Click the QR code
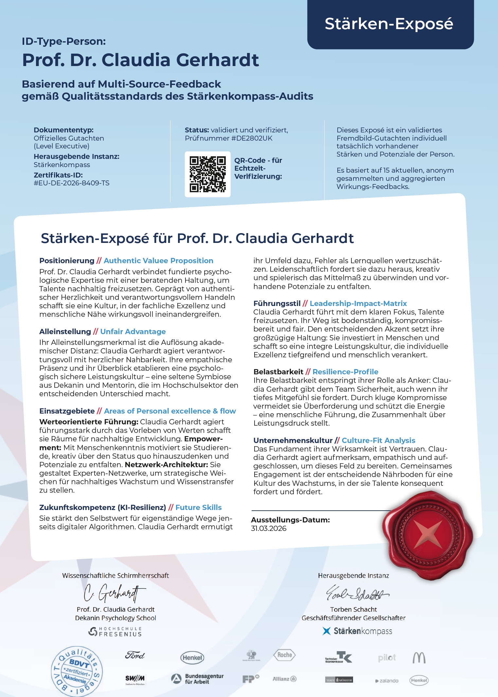pos(207,174)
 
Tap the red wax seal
pos(427,535)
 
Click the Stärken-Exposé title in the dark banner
pos(389,24)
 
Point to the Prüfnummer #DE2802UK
pos(252,138)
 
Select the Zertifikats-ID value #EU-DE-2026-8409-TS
pos(71,183)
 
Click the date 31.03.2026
pos(269,529)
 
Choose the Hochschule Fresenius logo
pos(115,632)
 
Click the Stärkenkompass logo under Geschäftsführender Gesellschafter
pos(357,631)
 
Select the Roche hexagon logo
pos(284,655)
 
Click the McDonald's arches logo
pos(419,657)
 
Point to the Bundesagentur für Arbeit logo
pos(198,679)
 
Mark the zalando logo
pos(387,681)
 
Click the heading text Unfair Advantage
pos(133,331)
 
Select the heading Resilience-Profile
pos(345,372)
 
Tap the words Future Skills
pos(198,507)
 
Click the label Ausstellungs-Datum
pos(290,520)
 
